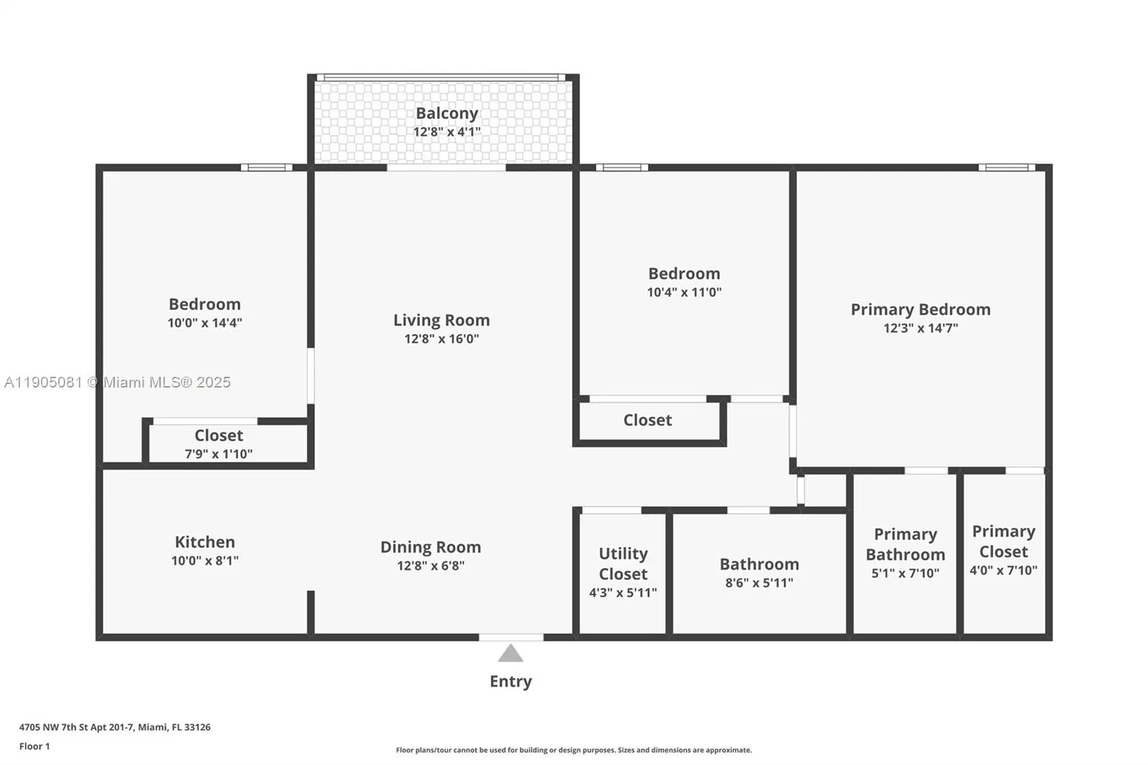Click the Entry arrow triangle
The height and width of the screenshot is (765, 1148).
(x=510, y=654)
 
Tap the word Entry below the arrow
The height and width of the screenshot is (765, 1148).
(x=510, y=681)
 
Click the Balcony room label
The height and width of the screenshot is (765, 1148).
(x=446, y=113)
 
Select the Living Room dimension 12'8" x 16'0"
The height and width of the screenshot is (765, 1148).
(x=441, y=339)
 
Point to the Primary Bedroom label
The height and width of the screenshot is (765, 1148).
(x=920, y=309)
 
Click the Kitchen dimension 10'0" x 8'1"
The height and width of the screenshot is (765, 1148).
(x=204, y=560)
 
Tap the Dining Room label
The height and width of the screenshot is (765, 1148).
(x=430, y=547)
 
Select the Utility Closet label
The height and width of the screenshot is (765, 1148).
(x=623, y=563)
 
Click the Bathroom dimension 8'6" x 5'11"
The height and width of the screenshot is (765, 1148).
(x=759, y=583)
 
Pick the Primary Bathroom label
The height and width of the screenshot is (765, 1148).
(x=905, y=544)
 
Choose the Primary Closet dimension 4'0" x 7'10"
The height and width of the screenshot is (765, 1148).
(x=1003, y=571)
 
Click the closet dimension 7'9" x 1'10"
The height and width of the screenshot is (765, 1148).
(x=218, y=454)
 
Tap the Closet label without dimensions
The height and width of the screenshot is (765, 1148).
(x=647, y=420)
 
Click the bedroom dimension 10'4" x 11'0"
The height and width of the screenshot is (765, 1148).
(x=684, y=292)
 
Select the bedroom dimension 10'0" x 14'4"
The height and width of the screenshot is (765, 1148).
(x=204, y=323)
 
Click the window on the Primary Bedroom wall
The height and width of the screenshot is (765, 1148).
(x=1007, y=167)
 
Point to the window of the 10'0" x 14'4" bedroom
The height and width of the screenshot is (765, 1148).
(x=266, y=167)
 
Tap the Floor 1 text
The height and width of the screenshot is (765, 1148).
(x=34, y=746)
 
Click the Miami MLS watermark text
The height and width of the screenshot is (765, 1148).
(x=118, y=382)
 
